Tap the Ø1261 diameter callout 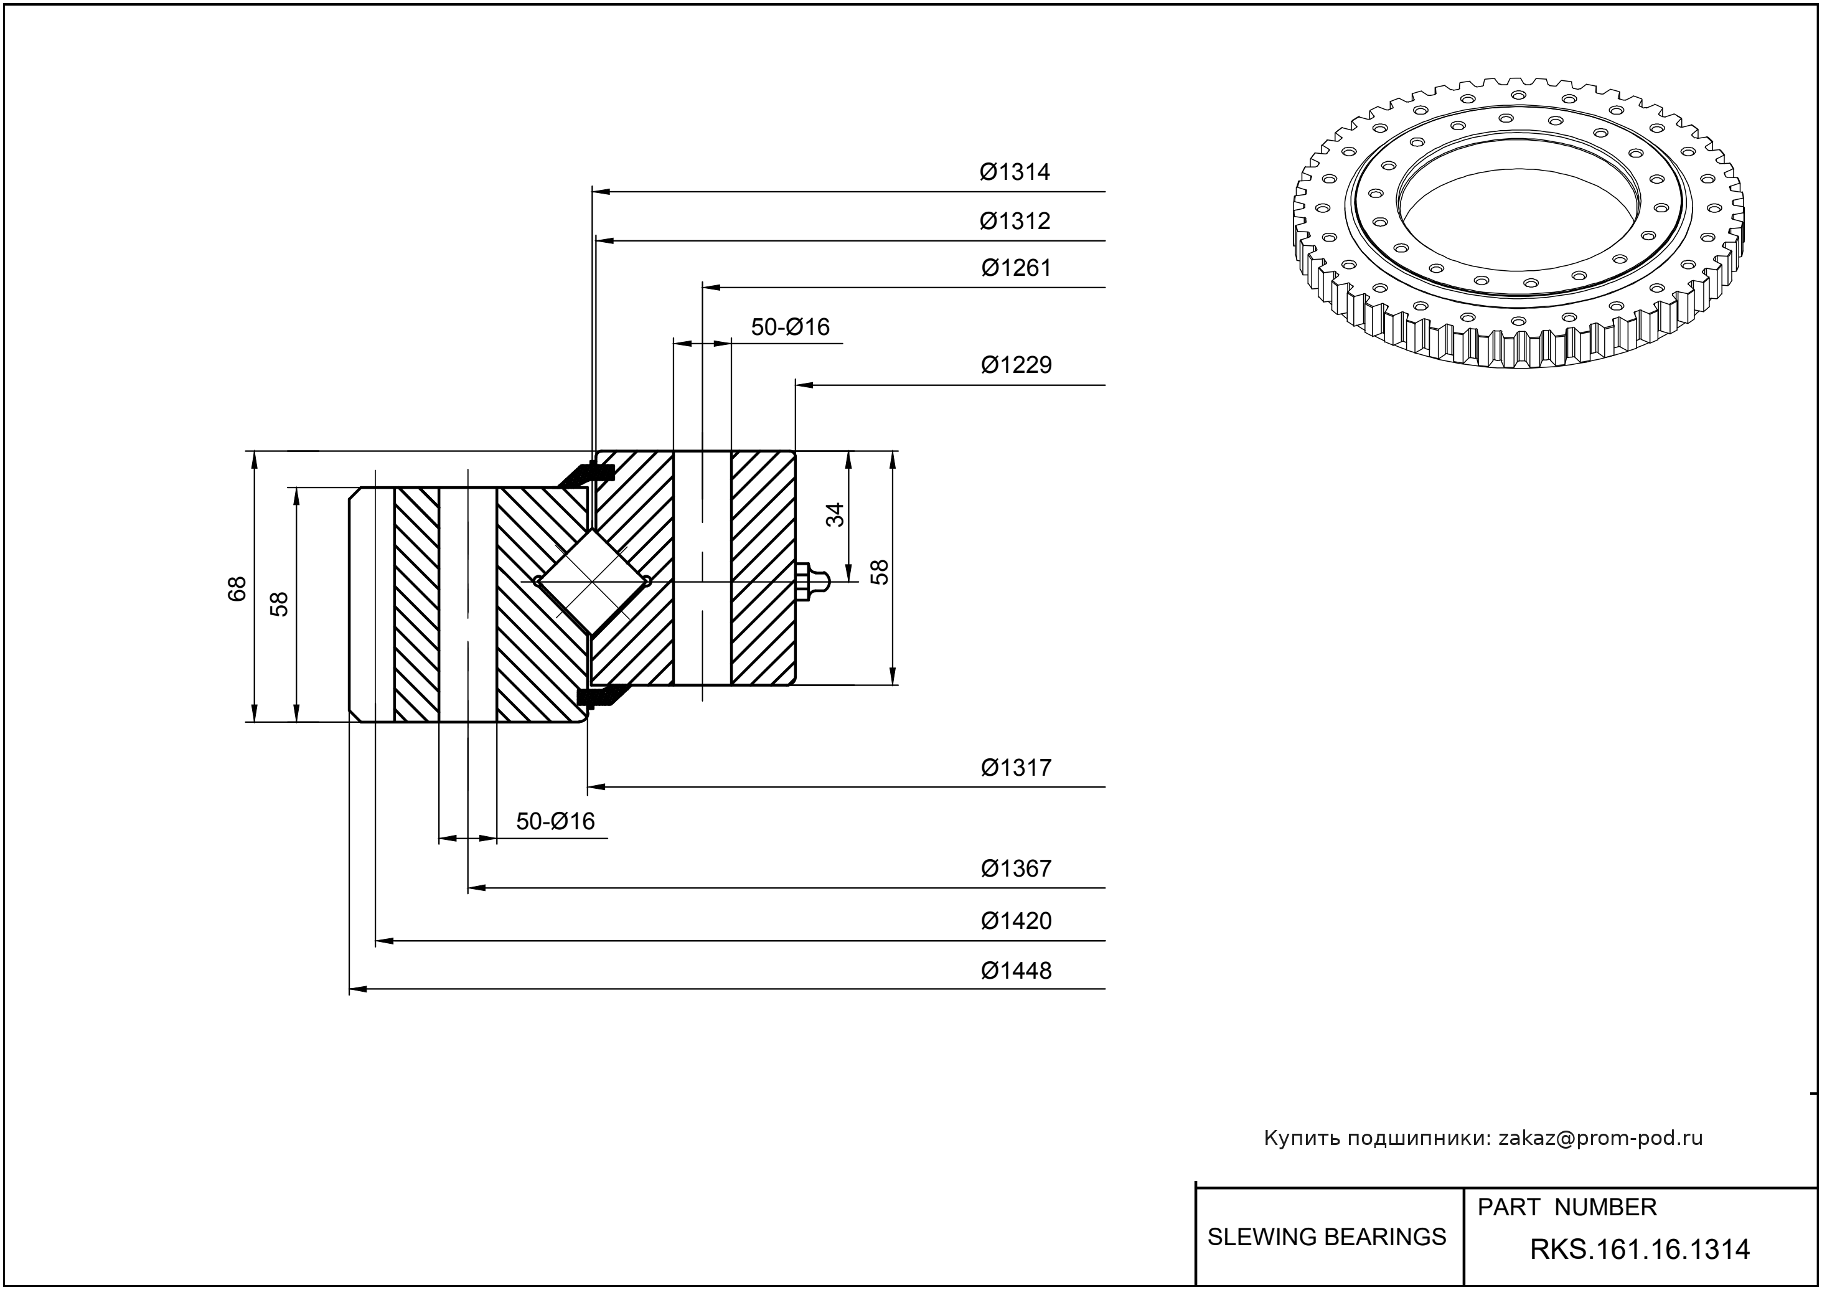(x=1016, y=268)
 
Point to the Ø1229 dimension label (x=1016, y=365)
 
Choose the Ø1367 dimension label (x=1016, y=869)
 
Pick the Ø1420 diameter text (x=1016, y=921)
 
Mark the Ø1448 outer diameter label (x=1016, y=971)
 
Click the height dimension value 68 (x=237, y=588)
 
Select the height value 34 (x=835, y=515)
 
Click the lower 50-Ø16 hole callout (x=555, y=821)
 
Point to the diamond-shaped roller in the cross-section (x=593, y=581)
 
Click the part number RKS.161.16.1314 (x=1640, y=1250)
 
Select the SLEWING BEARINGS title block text (x=1327, y=1237)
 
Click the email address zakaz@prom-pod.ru (x=1600, y=1138)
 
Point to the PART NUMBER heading (x=1566, y=1207)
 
